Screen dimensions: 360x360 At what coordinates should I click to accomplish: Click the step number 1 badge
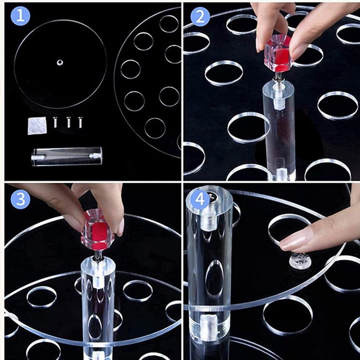tap(20, 16)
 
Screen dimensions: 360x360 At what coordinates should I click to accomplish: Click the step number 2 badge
tap(200, 16)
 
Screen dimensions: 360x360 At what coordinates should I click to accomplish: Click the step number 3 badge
tap(20, 199)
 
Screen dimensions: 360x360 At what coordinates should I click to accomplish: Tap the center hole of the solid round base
tap(60, 62)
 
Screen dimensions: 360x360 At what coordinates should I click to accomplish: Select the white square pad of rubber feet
tap(37, 126)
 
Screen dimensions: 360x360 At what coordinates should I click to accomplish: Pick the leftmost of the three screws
tap(55, 122)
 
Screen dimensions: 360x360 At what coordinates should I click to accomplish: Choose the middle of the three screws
tap(68, 122)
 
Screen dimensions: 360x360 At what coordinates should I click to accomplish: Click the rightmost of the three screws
tap(80, 122)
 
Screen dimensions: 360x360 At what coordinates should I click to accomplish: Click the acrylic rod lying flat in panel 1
tap(67, 156)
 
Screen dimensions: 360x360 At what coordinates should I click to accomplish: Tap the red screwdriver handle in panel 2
tap(278, 55)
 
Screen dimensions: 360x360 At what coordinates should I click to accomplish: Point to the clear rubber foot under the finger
tap(300, 261)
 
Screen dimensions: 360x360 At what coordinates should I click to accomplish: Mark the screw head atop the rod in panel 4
tap(211, 195)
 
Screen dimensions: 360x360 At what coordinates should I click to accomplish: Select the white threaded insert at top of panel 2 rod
tap(278, 97)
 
